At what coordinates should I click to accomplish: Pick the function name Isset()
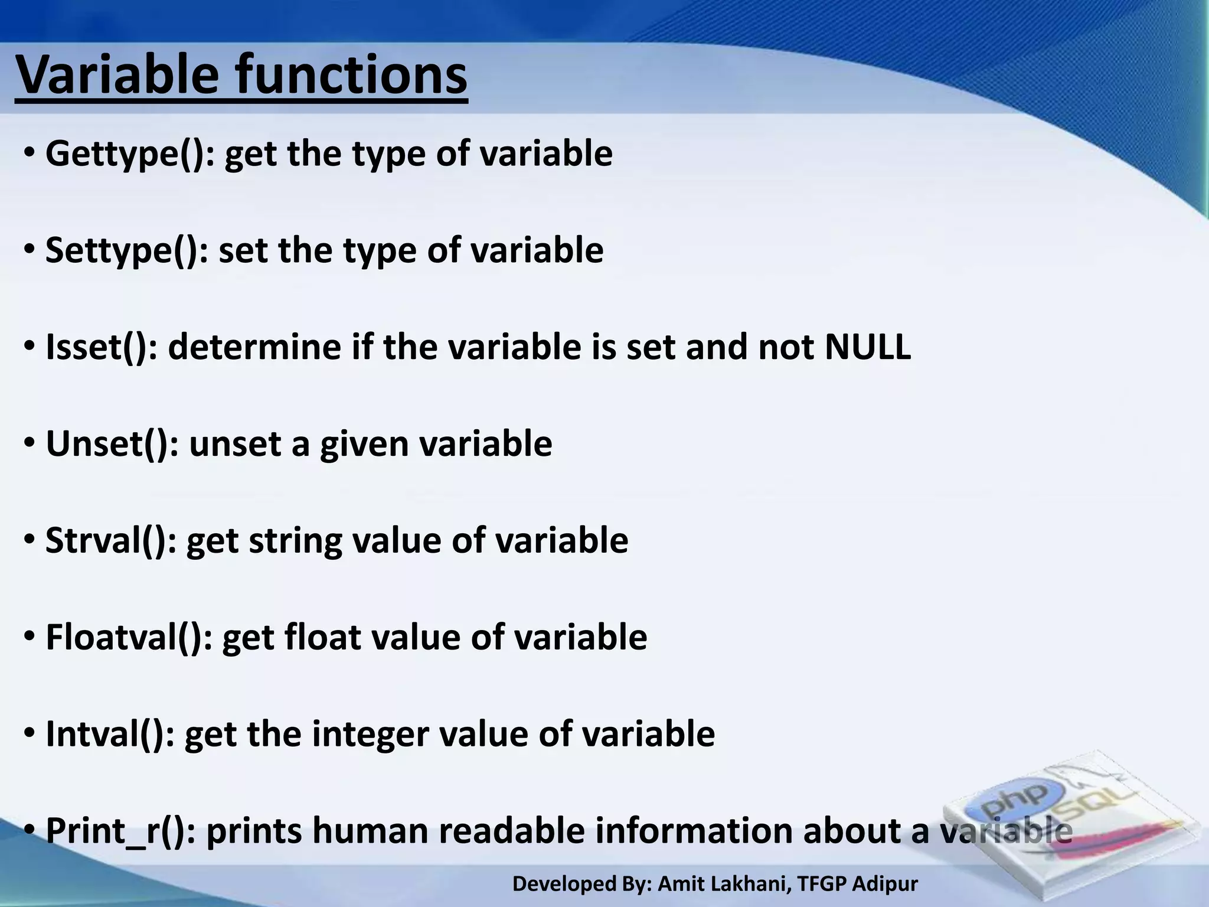(x=101, y=348)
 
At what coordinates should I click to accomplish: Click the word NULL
(x=867, y=347)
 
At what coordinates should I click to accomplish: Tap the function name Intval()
(x=110, y=735)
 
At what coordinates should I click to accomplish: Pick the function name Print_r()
(x=120, y=831)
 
